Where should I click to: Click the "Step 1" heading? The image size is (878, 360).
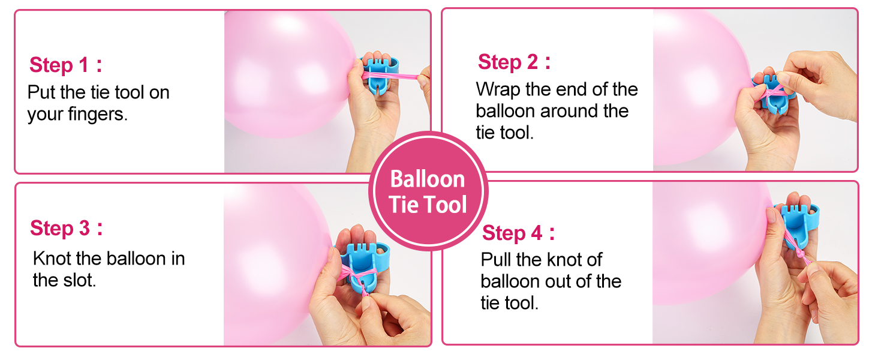(x=60, y=65)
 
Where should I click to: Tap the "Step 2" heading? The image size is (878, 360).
(x=509, y=62)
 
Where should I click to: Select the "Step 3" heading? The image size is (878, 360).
(x=60, y=228)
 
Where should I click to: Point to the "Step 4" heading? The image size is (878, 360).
(x=513, y=233)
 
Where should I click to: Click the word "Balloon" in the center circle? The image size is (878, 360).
(x=427, y=179)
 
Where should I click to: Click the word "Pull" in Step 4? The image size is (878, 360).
(x=497, y=260)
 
